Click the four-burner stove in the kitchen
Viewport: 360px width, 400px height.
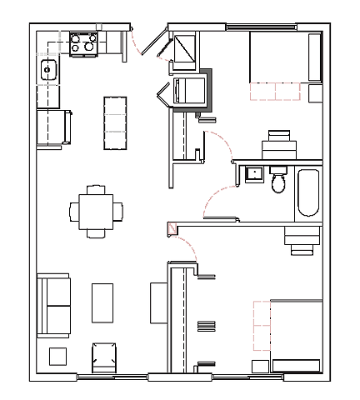(x=84, y=42)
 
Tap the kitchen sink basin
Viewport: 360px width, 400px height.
(x=47, y=69)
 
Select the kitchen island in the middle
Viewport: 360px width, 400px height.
(x=115, y=122)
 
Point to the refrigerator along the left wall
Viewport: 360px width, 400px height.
(x=51, y=127)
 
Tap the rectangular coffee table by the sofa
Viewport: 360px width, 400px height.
(x=102, y=303)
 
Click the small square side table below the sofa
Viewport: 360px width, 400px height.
(x=57, y=356)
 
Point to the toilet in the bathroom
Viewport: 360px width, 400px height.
(x=278, y=179)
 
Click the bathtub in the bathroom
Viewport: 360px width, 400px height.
(x=308, y=192)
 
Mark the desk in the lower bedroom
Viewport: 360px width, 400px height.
(x=301, y=238)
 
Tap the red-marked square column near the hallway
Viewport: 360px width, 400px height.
(x=172, y=227)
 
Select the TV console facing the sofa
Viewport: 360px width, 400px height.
(x=158, y=302)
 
